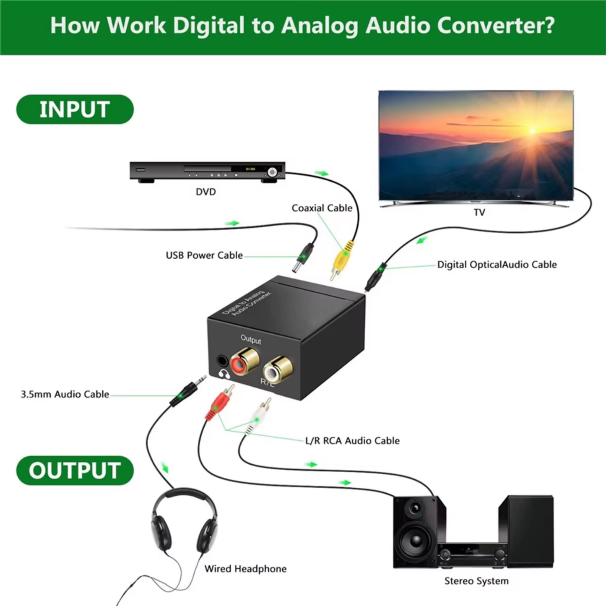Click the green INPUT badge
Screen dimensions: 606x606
coord(75,109)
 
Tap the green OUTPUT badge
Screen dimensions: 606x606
coord(75,471)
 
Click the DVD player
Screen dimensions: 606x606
coord(207,171)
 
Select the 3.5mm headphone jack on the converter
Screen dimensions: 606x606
coord(222,361)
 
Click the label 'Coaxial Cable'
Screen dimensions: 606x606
coord(322,208)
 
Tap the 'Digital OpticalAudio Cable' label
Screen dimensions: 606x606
coord(497,265)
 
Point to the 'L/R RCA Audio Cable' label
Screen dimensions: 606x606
coord(352,441)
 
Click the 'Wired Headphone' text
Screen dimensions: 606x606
coord(245,569)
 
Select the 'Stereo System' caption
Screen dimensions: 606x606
coord(476,581)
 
